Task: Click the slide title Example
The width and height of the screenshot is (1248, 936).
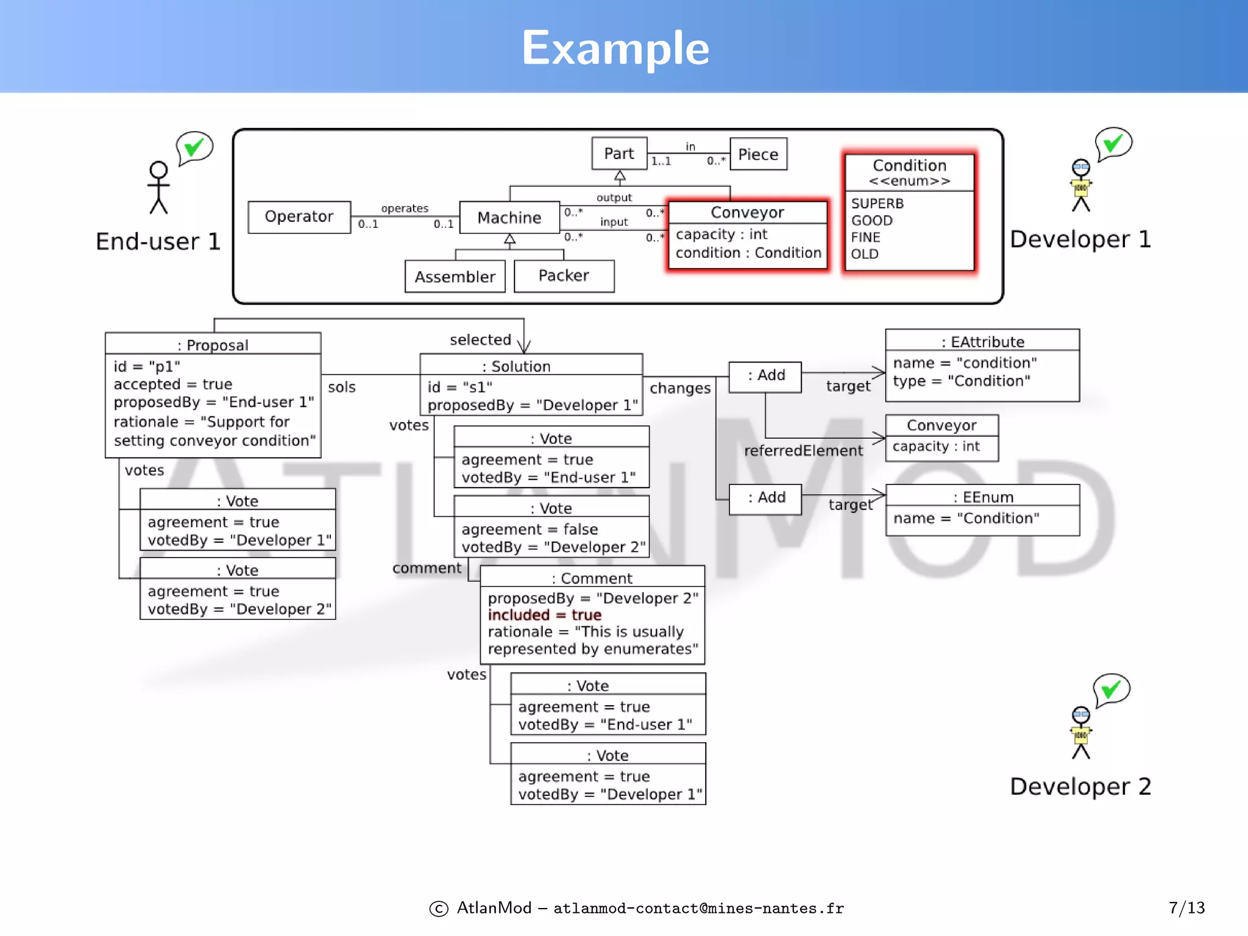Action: [x=615, y=48]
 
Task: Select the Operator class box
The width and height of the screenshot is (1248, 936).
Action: [x=299, y=217]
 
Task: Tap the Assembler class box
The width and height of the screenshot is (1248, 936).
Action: [x=455, y=277]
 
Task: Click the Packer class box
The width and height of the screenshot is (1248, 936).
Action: [x=564, y=276]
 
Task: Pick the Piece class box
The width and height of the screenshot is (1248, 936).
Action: [x=758, y=154]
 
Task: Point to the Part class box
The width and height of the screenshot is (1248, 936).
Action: [x=619, y=154]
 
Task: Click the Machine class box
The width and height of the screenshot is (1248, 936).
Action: [x=509, y=218]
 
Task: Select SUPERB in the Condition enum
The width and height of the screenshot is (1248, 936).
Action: [x=877, y=204]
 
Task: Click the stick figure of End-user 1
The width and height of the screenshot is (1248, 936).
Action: [x=158, y=188]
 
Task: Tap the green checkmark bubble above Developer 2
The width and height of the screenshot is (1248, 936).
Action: [x=1111, y=690]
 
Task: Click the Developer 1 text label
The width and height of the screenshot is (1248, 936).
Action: [x=1080, y=239]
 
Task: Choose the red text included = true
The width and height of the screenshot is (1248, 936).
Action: [x=544, y=615]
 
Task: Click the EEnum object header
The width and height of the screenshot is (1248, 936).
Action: [x=983, y=497]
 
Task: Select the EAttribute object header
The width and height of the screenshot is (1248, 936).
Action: [x=982, y=342]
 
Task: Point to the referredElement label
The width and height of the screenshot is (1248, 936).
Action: [x=803, y=451]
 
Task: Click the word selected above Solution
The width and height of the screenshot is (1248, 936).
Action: [x=480, y=340]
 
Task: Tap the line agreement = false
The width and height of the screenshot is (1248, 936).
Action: [x=529, y=529]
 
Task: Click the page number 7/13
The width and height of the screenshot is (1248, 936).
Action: [x=1186, y=908]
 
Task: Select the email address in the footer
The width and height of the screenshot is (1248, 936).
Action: [x=698, y=909]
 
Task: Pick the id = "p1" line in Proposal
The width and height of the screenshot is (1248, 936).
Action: [x=147, y=366]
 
